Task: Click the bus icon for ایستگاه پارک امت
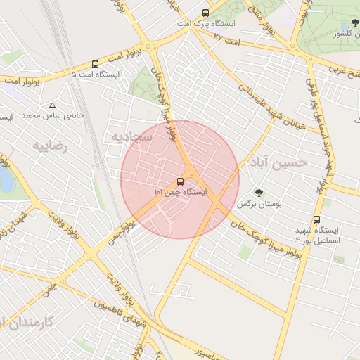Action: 205,13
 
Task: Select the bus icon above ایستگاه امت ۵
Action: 95,63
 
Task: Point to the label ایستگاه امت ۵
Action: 96,74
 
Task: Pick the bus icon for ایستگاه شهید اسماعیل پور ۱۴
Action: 316,219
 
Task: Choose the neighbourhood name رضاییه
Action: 49,146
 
